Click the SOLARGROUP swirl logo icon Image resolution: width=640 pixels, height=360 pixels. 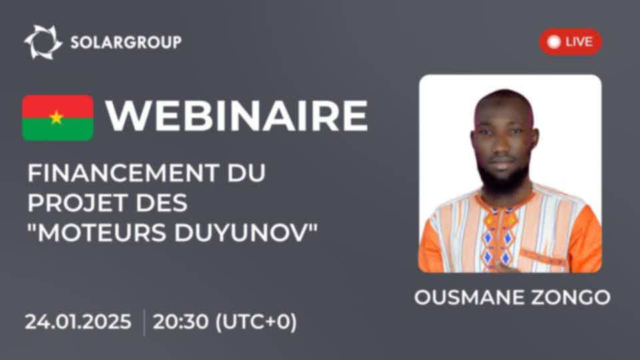pyautogui.click(x=43, y=42)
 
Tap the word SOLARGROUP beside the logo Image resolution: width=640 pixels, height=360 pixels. pyautogui.click(x=126, y=42)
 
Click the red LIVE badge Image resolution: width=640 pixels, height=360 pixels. pyautogui.click(x=570, y=41)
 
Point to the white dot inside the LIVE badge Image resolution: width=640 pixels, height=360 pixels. pyautogui.click(x=553, y=41)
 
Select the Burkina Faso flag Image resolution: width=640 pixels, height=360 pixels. pyautogui.click(x=57, y=118)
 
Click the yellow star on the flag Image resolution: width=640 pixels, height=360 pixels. pyautogui.click(x=56, y=117)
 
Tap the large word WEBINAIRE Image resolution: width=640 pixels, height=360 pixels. pyautogui.click(x=237, y=116)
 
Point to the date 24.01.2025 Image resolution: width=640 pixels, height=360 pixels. pyautogui.click(x=78, y=321)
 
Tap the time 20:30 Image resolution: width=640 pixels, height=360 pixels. pyautogui.click(x=181, y=321)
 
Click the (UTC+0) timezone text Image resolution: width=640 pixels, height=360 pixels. pyautogui.click(x=256, y=322)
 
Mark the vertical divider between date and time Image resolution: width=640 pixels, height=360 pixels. pyautogui.click(x=144, y=323)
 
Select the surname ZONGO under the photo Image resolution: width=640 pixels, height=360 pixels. pyautogui.click(x=568, y=297)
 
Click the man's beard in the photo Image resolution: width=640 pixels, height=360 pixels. pyautogui.click(x=503, y=179)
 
